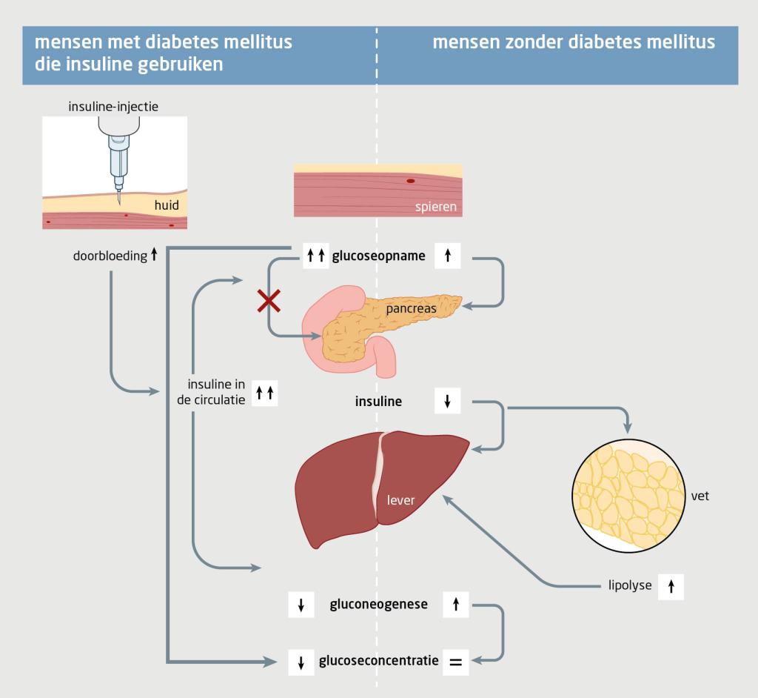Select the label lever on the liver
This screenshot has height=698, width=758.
tap(400, 500)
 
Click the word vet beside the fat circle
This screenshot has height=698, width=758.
tap(700, 496)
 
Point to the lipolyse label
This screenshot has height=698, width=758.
tap(625, 585)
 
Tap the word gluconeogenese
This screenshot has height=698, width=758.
tap(378, 605)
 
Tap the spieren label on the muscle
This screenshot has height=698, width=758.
tap(436, 205)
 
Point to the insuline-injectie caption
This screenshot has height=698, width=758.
tap(114, 107)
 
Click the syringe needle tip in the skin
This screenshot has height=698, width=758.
tap(118, 203)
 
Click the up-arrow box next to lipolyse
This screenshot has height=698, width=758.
tap(671, 585)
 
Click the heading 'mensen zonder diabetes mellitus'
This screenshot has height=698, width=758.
tap(573, 42)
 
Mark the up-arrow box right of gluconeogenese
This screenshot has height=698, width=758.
tap(455, 605)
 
